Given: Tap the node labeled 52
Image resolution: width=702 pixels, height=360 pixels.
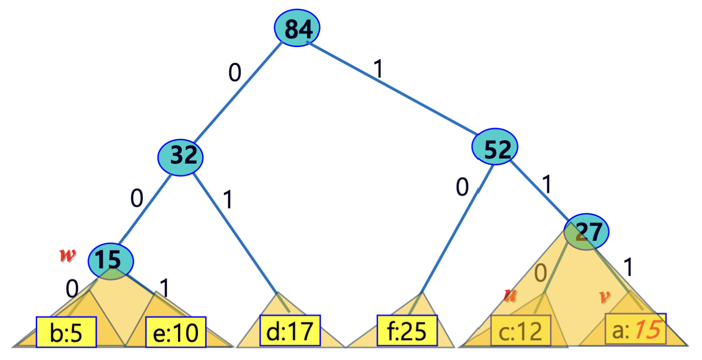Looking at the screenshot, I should pos(494,149).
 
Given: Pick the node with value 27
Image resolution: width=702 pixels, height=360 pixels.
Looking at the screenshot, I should pos(586,233).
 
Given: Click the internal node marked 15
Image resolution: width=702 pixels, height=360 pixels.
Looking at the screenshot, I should pos(111,261).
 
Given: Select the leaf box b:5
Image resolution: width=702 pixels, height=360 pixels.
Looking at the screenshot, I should pos(66,331).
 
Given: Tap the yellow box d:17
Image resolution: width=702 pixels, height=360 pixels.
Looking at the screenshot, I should pos(290,330).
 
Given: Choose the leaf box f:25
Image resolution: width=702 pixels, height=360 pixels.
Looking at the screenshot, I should pos(407,330).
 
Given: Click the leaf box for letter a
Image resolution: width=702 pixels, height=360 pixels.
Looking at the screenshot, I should pos(635,329).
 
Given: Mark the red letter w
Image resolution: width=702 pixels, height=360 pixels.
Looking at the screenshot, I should pos(65,254).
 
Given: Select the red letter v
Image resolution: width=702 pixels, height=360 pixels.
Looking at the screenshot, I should pos(605,297).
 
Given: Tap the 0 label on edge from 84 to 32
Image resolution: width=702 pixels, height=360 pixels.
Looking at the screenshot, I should pos(234,74).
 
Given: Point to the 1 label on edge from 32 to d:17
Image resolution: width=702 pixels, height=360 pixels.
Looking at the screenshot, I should pos(227,200).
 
